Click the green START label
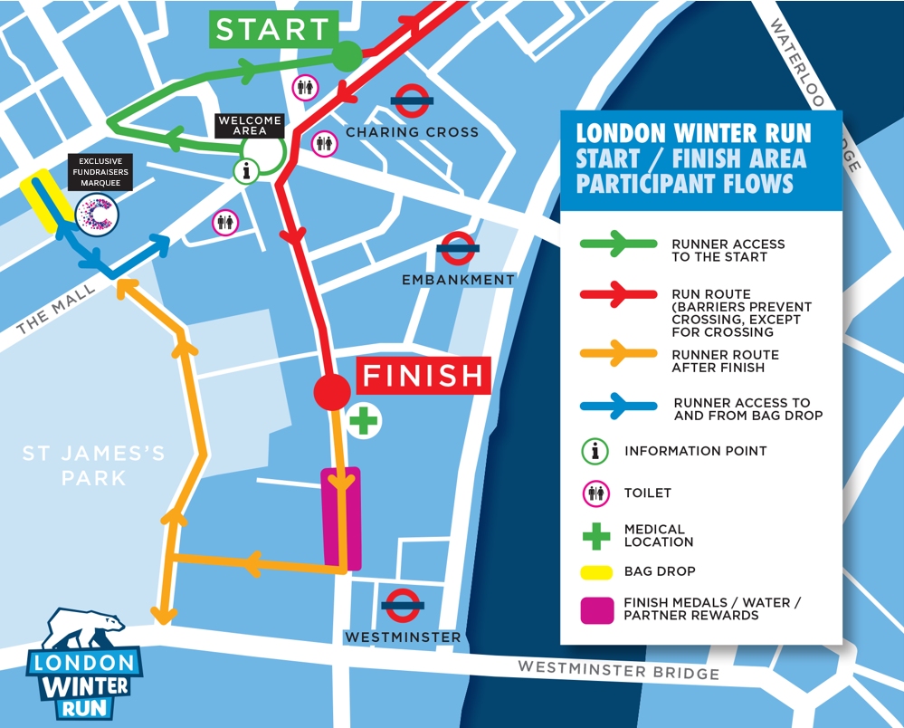pyautogui.click(x=273, y=29)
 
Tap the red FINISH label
pyautogui.click(x=424, y=375)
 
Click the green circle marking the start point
pyautogui.click(x=346, y=56)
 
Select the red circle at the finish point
pyautogui.click(x=331, y=391)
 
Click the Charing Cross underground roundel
pyautogui.click(x=411, y=101)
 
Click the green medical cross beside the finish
pyautogui.click(x=364, y=421)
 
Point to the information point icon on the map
pyautogui.click(x=247, y=169)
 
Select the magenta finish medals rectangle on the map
pyautogui.click(x=341, y=518)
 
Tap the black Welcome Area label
pyautogui.click(x=249, y=125)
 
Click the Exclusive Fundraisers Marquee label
pyautogui.click(x=100, y=172)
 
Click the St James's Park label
pyautogui.click(x=94, y=465)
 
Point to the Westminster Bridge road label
pyautogui.click(x=618, y=670)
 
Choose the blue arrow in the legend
pyautogui.click(x=620, y=407)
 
